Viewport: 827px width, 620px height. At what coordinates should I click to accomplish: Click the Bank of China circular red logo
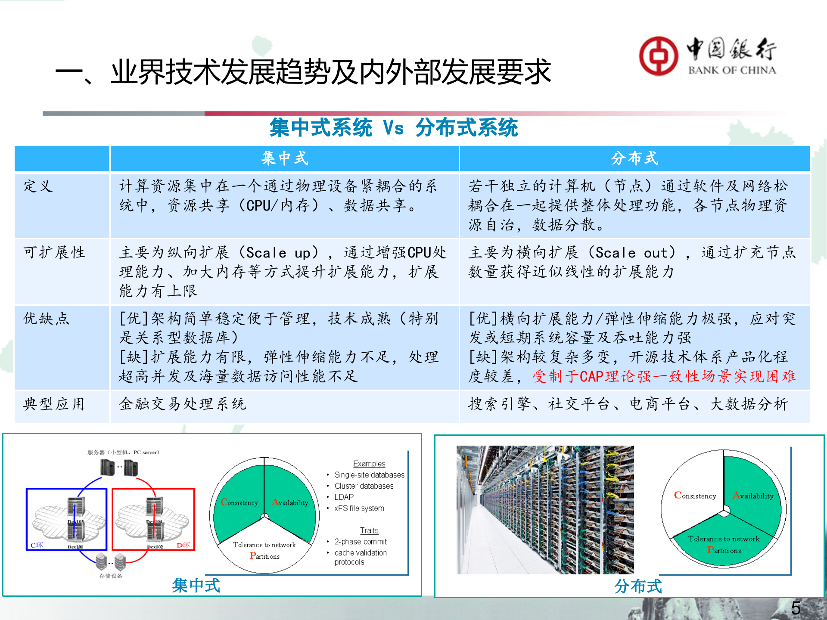tap(658, 56)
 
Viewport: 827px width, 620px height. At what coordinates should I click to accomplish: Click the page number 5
tap(796, 608)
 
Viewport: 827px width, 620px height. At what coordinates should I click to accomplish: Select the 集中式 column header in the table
tap(284, 158)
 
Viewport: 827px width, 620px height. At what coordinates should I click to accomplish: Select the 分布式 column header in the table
tap(634, 158)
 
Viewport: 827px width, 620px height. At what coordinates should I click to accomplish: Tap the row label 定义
tap(38, 186)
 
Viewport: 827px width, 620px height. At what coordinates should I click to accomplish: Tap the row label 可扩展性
tap(54, 252)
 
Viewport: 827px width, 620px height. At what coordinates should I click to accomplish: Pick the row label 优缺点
tap(46, 319)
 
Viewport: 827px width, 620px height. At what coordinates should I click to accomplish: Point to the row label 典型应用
tap(54, 404)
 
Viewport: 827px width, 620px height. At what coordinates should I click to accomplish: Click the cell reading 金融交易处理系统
tap(182, 404)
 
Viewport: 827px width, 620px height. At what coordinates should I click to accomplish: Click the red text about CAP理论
tap(664, 376)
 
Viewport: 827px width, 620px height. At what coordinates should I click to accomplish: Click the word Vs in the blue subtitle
tap(393, 128)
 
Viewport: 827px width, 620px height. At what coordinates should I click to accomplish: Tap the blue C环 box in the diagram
tap(66, 519)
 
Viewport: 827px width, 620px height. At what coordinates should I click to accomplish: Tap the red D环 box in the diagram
tap(153, 519)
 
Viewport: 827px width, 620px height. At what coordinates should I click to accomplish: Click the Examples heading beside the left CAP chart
tap(369, 464)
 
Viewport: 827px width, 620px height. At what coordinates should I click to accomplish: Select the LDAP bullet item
tap(344, 497)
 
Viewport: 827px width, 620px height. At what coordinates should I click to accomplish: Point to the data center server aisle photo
tap(545, 510)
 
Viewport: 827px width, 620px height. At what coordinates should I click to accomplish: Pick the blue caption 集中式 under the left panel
tap(196, 586)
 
